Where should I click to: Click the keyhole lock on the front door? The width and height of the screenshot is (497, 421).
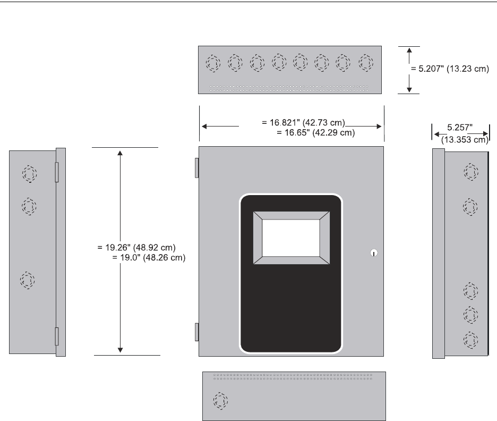(373, 253)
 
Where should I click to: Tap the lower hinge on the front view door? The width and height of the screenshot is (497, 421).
(196, 331)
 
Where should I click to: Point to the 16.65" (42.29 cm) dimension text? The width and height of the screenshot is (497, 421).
(316, 132)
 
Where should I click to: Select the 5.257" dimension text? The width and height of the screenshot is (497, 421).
(459, 128)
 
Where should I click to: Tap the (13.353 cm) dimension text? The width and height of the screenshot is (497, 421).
(464, 140)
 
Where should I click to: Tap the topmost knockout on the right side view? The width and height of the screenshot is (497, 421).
(470, 172)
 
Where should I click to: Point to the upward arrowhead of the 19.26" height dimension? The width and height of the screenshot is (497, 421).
(121, 153)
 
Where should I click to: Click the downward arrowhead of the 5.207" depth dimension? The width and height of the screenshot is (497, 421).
(409, 89)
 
